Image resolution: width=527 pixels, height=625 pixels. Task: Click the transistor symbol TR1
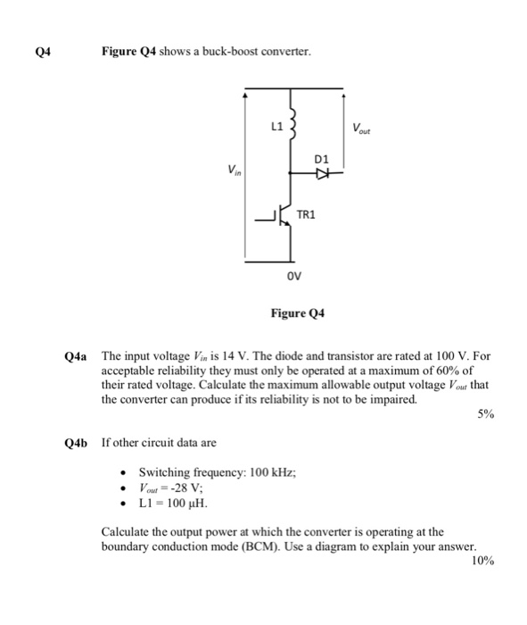pyautogui.click(x=282, y=217)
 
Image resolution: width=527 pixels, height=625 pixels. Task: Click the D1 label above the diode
pyautogui.click(x=323, y=159)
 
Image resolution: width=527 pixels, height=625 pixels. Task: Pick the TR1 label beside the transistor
pyautogui.click(x=306, y=214)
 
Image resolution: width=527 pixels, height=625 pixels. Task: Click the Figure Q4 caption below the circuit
pyautogui.click(x=298, y=313)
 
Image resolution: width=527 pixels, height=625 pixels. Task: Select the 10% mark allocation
pyautogui.click(x=482, y=560)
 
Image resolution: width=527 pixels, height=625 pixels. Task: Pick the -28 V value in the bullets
pyautogui.click(x=187, y=487)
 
